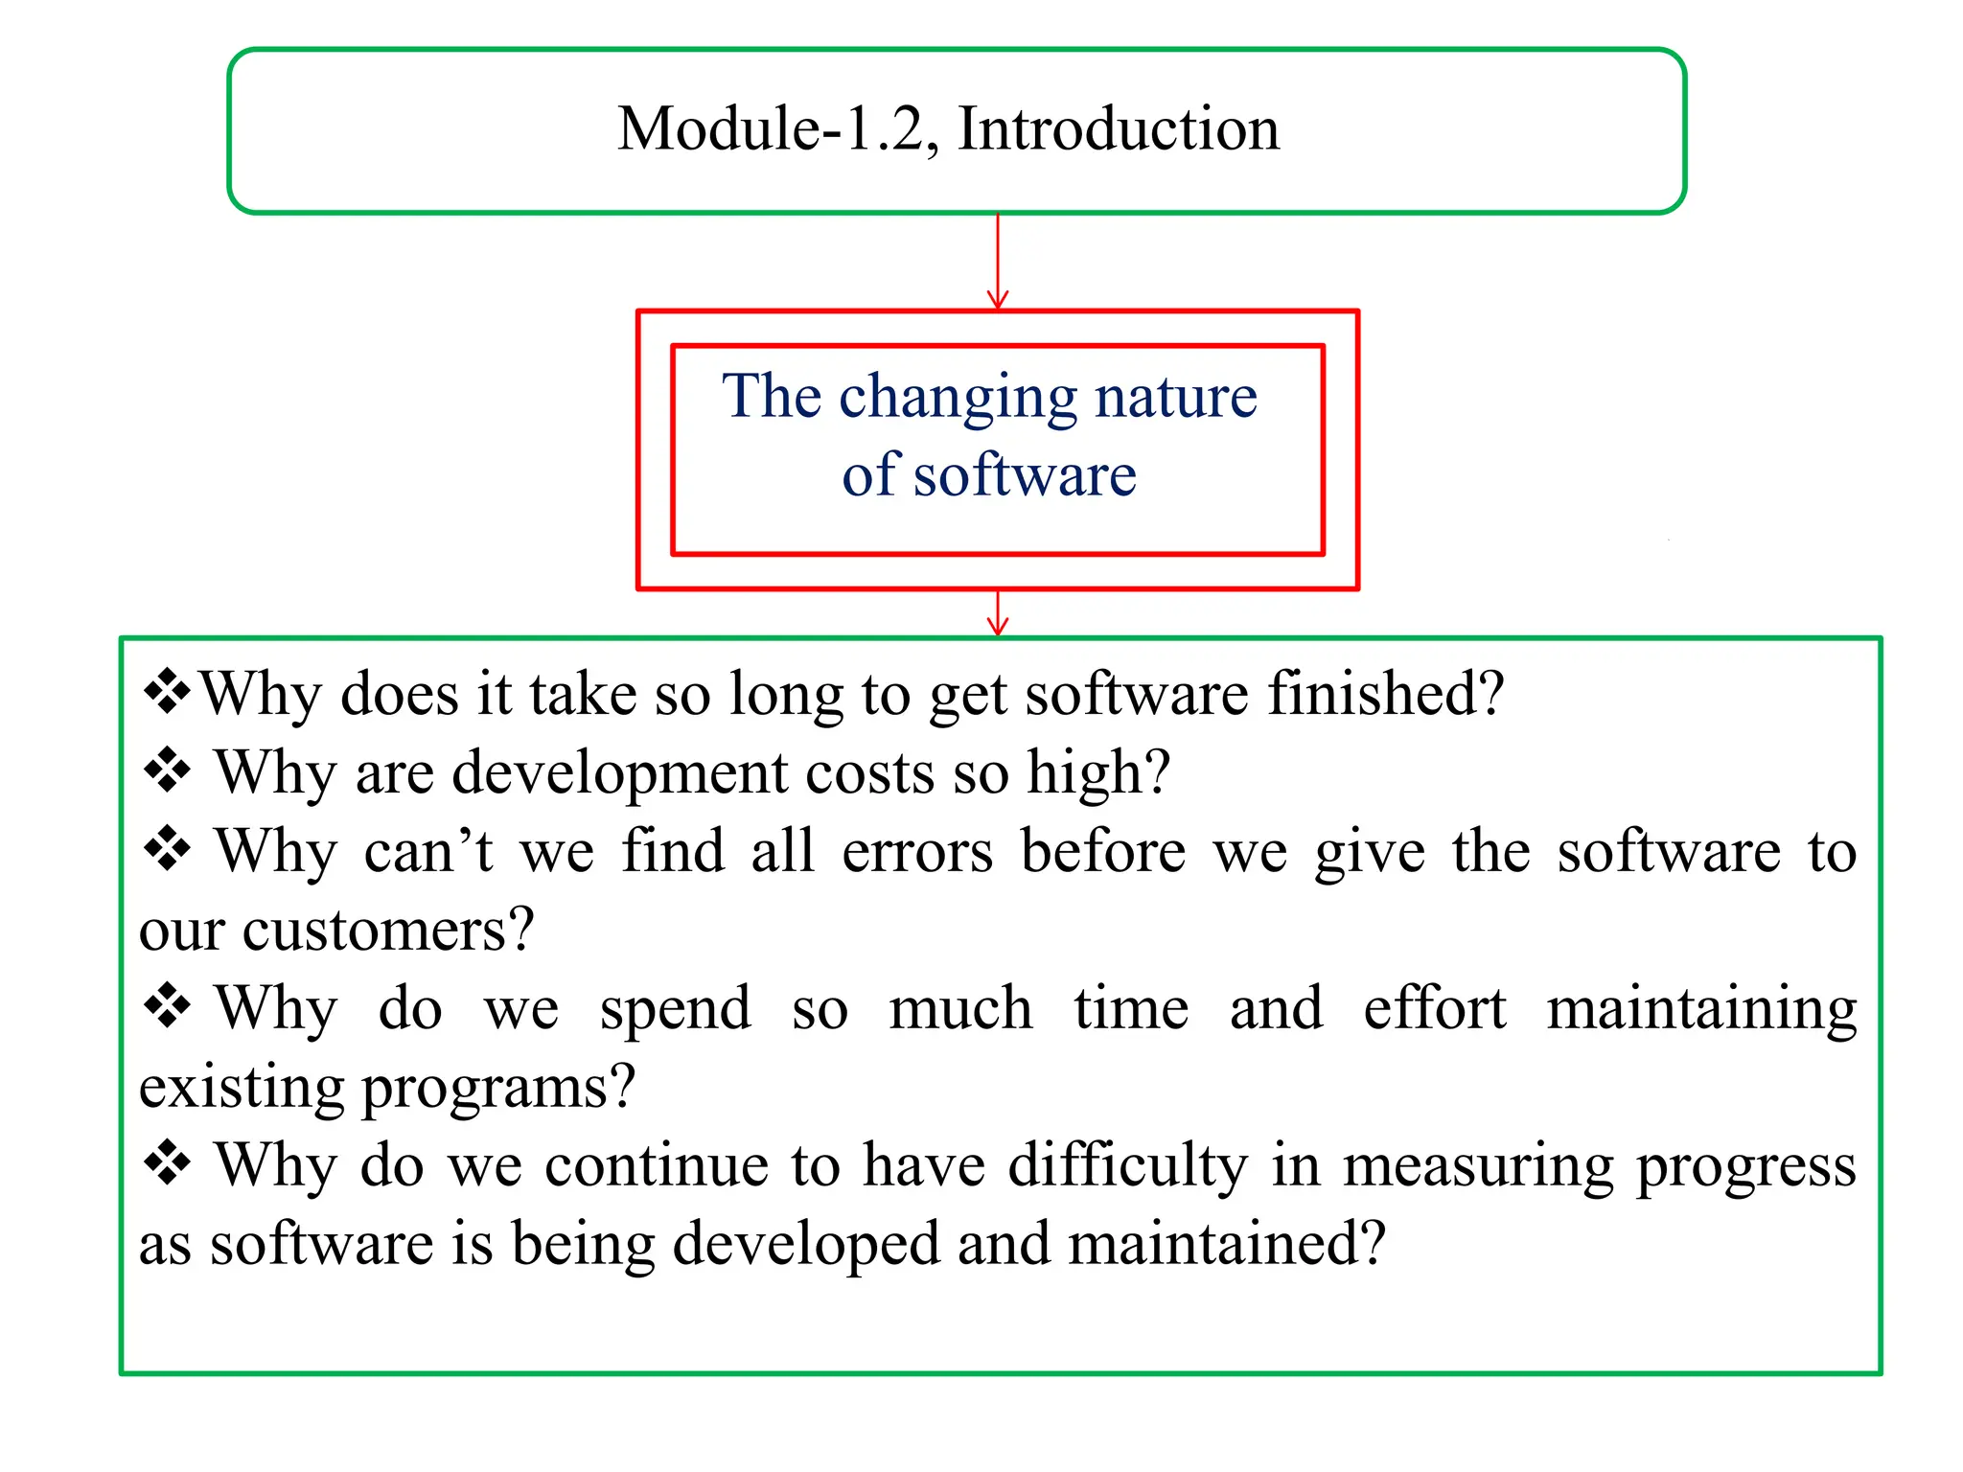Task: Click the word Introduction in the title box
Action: (x=1119, y=129)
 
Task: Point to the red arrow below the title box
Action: (x=998, y=261)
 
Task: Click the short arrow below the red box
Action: (x=998, y=613)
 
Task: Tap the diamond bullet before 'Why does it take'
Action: (x=167, y=692)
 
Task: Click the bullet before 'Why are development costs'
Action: (x=167, y=770)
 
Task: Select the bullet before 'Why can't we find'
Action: (x=167, y=849)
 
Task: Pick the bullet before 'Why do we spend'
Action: (x=167, y=1006)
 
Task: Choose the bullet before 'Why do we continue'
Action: (x=167, y=1163)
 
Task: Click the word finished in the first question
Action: (x=1385, y=693)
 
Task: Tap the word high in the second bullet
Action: (x=1097, y=772)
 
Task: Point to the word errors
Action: (x=917, y=851)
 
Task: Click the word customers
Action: (x=387, y=930)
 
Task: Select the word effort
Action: (x=1434, y=1008)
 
